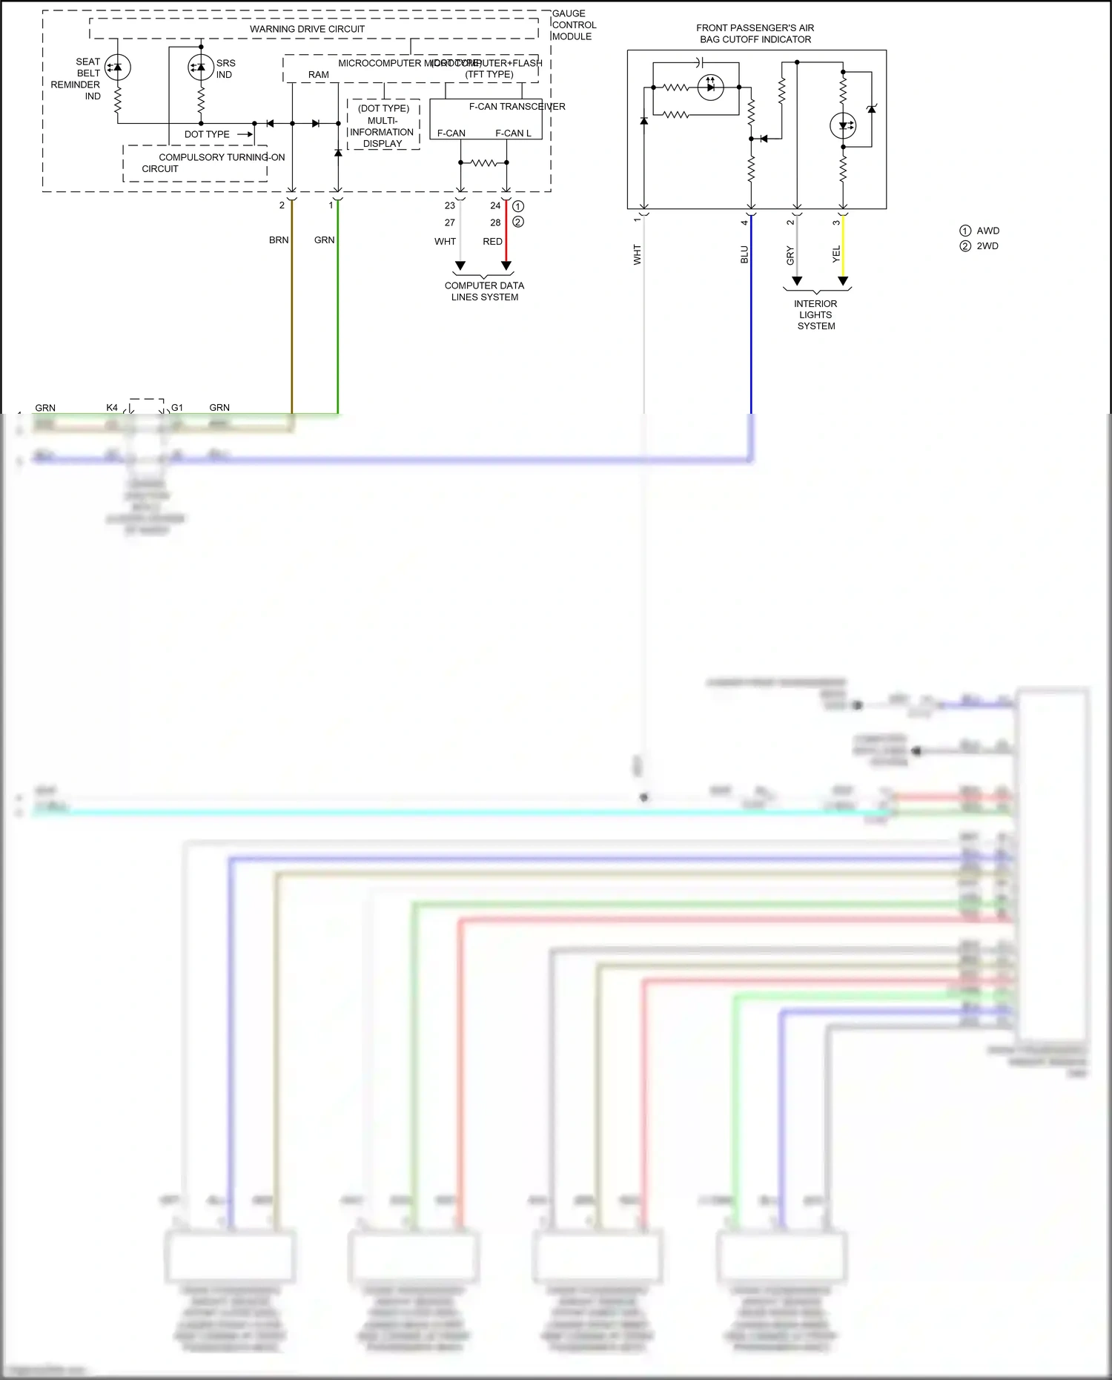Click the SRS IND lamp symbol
[x=201, y=68]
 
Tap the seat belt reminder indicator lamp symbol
[x=117, y=67]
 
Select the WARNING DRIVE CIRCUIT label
[x=307, y=29]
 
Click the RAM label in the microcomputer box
[x=319, y=75]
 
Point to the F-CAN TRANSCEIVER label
[x=517, y=107]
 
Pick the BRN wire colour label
[x=279, y=240]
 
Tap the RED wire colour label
[x=492, y=242]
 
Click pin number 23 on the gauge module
[x=450, y=206]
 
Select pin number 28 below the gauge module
[x=495, y=222]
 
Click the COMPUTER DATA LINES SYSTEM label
[x=485, y=291]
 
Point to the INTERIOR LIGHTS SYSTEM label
[x=815, y=314]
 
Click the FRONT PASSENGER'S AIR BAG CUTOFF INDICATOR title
[x=755, y=33]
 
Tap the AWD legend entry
[x=987, y=231]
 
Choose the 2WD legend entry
[x=987, y=246]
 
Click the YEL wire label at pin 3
[x=836, y=254]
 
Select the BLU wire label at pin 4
[x=744, y=254]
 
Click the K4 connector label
[x=112, y=408]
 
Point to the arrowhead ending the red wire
[x=506, y=265]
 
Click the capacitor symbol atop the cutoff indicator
[x=701, y=62]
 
